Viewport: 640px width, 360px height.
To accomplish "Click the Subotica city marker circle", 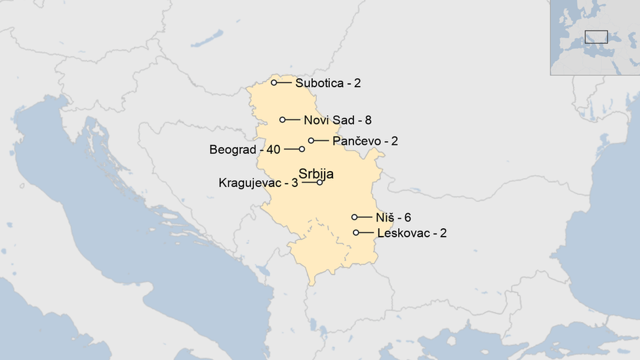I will coord(274,83).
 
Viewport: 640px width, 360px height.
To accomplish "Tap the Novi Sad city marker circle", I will coord(283,120).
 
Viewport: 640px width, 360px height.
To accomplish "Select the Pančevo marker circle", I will coord(311,140).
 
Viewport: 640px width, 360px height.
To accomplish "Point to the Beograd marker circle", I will coord(302,150).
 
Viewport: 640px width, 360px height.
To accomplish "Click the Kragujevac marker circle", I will coord(320,182).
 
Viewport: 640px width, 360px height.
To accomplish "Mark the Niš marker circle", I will coord(355,217).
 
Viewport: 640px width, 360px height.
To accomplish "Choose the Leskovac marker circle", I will coord(356,233).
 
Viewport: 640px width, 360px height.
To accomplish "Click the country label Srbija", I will coord(316,174).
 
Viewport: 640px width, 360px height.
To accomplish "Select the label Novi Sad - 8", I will coord(338,120).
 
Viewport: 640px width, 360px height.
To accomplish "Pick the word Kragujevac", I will coord(249,183).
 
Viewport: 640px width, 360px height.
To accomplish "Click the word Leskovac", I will coord(401,233).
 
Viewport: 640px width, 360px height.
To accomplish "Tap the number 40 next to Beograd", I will coord(273,150).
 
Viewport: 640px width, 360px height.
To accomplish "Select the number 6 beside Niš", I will coord(407,218).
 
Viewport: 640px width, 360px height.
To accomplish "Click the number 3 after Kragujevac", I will coord(294,183).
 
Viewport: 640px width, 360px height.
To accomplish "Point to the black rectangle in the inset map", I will coord(596,37).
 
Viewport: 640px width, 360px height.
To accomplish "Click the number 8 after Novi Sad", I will coord(369,120).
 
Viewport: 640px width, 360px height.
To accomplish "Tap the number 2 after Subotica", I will coord(357,83).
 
